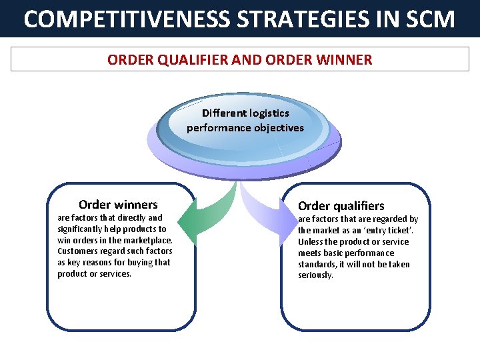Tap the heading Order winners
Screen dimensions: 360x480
tap(118, 205)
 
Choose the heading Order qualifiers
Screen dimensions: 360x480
tap(341, 206)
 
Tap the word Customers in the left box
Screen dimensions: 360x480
tap(77, 251)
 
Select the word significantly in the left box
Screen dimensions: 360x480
tap(82, 229)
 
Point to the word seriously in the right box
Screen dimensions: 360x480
tap(315, 275)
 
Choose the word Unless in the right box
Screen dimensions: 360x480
tap(311, 241)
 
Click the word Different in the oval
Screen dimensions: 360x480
tap(225, 113)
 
